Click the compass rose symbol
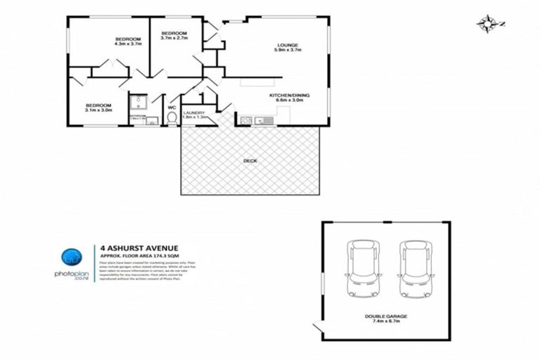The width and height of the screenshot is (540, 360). click(486, 24)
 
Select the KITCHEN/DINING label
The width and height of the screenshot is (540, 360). click(289, 95)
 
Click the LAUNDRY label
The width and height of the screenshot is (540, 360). click(193, 112)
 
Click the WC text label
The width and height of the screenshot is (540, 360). click(172, 107)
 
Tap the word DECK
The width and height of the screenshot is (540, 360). click(250, 160)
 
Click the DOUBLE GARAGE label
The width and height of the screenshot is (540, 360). click(386, 316)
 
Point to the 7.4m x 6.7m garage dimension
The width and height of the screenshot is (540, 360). click(386, 323)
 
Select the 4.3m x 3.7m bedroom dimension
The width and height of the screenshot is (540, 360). click(128, 44)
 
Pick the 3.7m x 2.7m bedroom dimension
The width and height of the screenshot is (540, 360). click(174, 39)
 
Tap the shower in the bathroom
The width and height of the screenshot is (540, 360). click(136, 103)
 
